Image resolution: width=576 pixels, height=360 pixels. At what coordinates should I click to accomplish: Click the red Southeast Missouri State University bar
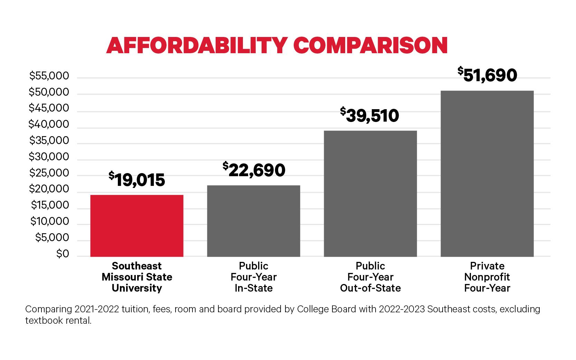(x=137, y=226)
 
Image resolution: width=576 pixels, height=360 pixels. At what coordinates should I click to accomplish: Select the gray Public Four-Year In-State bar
(x=253, y=221)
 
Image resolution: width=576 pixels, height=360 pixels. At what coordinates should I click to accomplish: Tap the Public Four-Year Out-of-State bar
(x=370, y=193)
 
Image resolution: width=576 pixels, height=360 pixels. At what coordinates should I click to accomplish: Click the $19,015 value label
(x=137, y=180)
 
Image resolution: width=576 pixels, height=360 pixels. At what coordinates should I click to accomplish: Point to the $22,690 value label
(x=254, y=170)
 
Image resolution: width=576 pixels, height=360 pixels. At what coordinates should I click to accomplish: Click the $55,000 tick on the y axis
(x=49, y=76)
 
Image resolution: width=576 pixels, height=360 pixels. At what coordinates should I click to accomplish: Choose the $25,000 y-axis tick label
(x=49, y=173)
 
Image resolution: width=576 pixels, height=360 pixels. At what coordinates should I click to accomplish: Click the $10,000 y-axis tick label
(x=50, y=221)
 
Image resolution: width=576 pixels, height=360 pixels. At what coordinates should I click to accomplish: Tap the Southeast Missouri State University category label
(x=137, y=277)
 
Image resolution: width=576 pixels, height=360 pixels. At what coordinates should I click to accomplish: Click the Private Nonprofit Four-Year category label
(x=487, y=277)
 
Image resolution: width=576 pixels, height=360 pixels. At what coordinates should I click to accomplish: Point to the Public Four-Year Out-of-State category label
(x=370, y=277)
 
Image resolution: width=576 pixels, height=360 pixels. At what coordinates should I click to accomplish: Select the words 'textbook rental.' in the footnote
(x=58, y=321)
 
